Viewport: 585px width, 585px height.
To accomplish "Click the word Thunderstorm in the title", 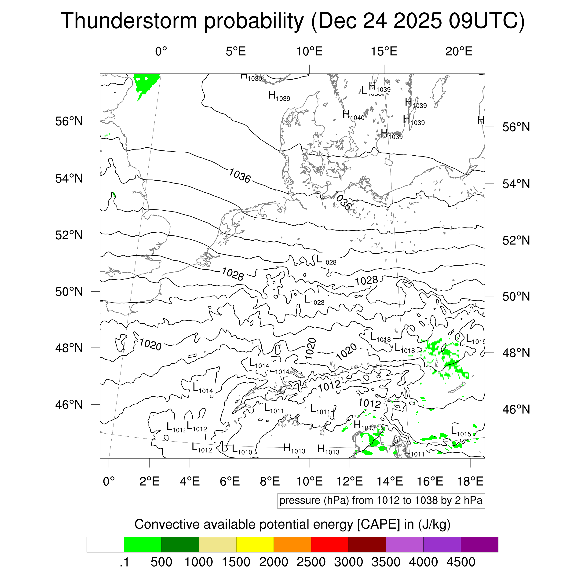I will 129,21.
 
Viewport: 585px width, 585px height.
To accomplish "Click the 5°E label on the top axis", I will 236,51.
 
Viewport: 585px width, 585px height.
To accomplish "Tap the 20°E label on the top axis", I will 458,51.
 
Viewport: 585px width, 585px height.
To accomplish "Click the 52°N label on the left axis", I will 69,235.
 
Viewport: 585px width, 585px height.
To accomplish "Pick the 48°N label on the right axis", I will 516,353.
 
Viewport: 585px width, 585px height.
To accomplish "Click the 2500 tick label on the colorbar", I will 311,562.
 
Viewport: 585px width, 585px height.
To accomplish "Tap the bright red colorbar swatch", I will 329,545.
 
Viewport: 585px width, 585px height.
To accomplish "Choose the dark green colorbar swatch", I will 180,545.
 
